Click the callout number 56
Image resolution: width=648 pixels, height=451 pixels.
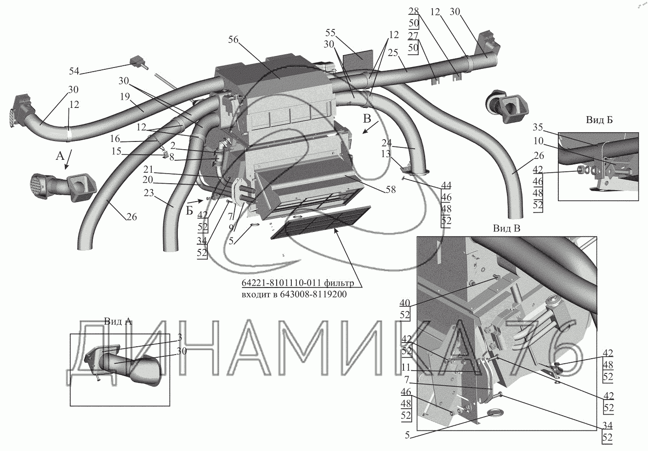point(233,39)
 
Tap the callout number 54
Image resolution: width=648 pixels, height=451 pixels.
point(74,71)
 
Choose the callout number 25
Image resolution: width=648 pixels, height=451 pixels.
point(392,53)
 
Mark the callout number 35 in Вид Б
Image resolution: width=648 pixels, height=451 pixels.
point(538,127)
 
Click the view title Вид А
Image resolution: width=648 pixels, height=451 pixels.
point(118,321)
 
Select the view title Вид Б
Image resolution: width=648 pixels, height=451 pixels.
point(599,120)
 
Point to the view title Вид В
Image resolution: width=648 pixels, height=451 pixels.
point(506,228)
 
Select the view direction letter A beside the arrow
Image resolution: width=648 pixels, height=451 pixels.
point(60,157)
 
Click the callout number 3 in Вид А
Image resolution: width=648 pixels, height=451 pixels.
point(180,338)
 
